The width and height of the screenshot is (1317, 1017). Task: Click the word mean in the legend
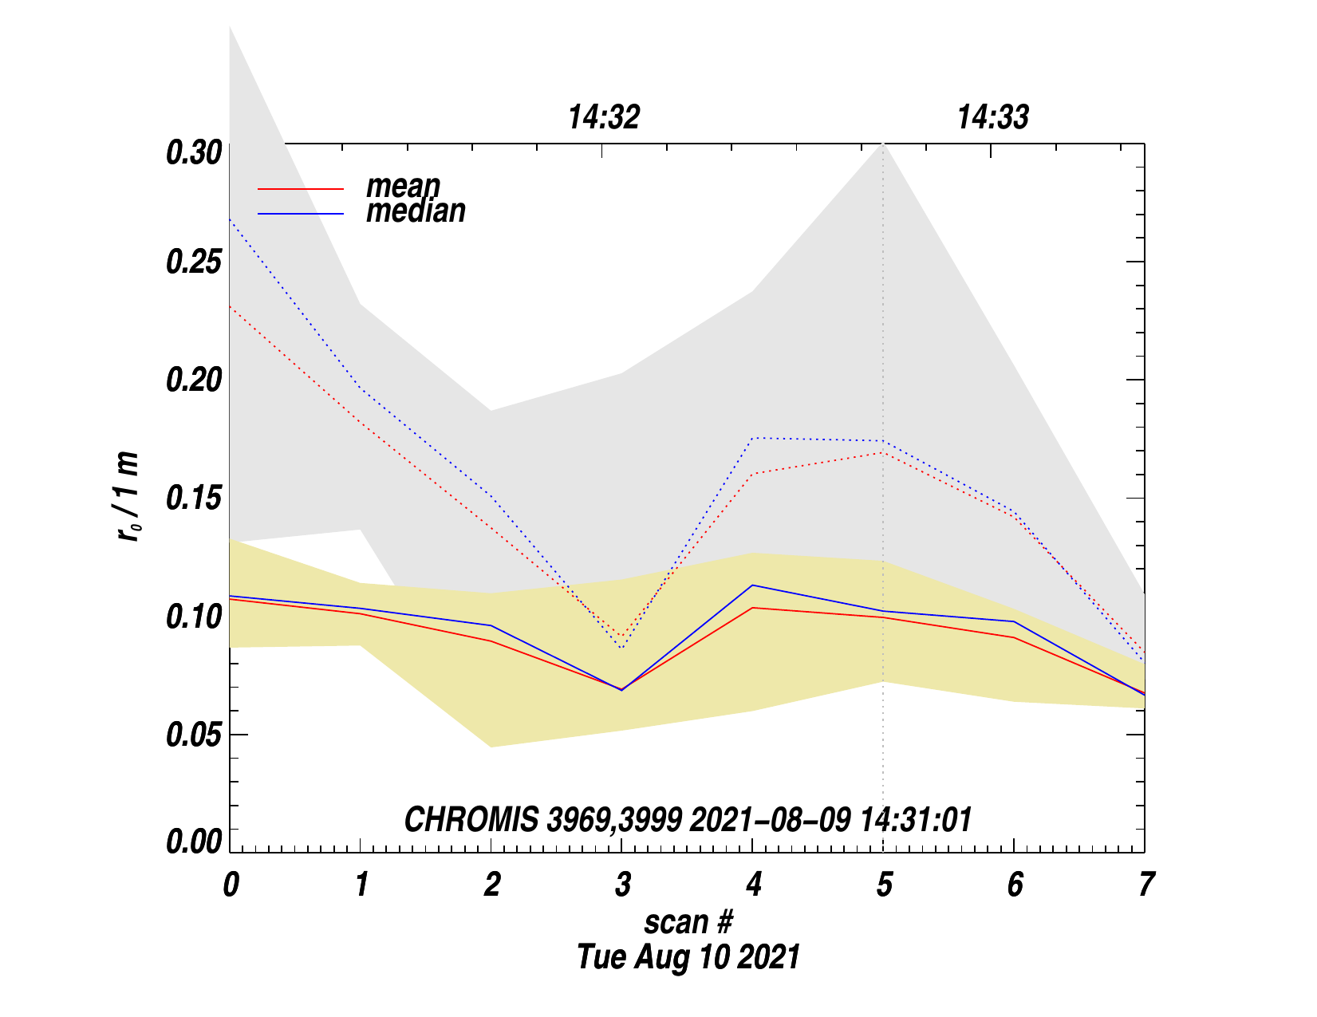click(x=403, y=187)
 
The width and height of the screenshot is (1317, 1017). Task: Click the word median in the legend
click(x=416, y=211)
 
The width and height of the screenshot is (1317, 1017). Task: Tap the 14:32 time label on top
click(x=604, y=118)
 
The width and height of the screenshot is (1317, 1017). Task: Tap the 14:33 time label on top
click(x=993, y=118)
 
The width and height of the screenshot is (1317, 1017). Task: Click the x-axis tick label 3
click(x=622, y=885)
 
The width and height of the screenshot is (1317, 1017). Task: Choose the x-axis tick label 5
click(x=884, y=885)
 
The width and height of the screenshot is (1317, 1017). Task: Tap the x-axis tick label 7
click(x=1145, y=885)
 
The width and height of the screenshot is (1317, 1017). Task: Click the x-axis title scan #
click(x=688, y=922)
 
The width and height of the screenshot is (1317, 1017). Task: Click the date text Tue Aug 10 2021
click(x=688, y=956)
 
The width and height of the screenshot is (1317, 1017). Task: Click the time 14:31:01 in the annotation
click(x=916, y=820)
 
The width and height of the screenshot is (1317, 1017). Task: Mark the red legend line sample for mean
click(x=301, y=189)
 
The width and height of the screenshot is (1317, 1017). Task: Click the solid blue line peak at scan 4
click(x=752, y=585)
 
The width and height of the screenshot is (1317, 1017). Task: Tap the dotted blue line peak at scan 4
click(x=752, y=438)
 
